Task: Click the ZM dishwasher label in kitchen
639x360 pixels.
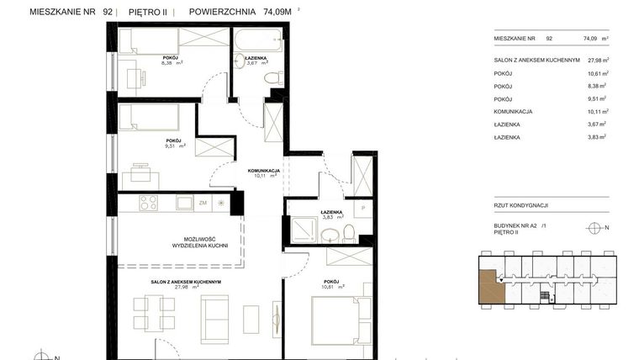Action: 203,203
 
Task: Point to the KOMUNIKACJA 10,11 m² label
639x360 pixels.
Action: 263,173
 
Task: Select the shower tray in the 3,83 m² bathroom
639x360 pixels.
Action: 300,230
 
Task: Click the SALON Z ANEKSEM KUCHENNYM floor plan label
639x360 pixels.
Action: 186,282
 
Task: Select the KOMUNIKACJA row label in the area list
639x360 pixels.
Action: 515,111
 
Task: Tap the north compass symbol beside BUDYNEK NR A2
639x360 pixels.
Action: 594,227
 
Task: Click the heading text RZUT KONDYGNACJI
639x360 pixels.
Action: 521,204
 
